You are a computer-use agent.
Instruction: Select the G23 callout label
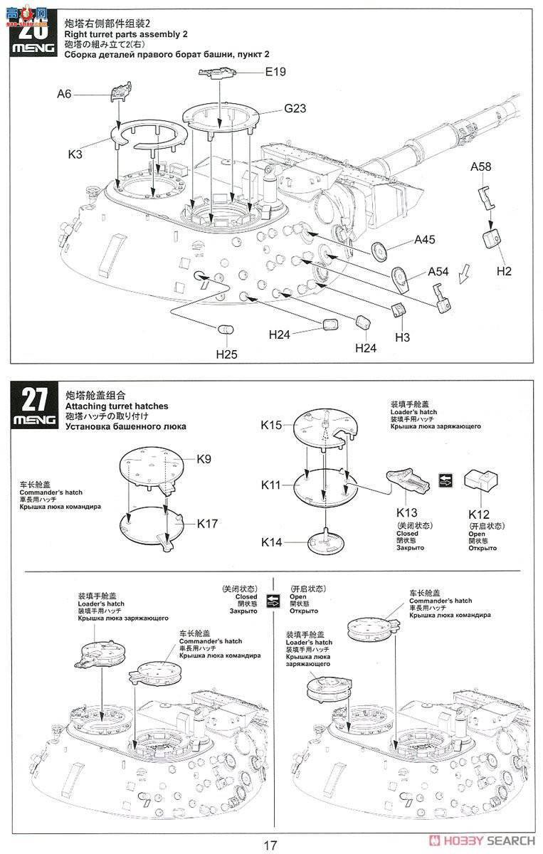coord(295,109)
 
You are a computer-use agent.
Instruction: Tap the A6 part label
coord(65,93)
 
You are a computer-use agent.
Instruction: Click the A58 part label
coord(482,166)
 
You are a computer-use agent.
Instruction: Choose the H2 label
coord(505,271)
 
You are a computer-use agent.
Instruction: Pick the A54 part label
coord(439,271)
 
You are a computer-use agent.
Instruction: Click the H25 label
coord(228,354)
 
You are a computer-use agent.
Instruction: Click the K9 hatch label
coord(204,460)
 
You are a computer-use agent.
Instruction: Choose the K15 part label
coord(272,425)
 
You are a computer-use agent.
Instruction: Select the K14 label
coord(272,542)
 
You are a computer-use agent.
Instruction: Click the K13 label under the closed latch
coord(408,513)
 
